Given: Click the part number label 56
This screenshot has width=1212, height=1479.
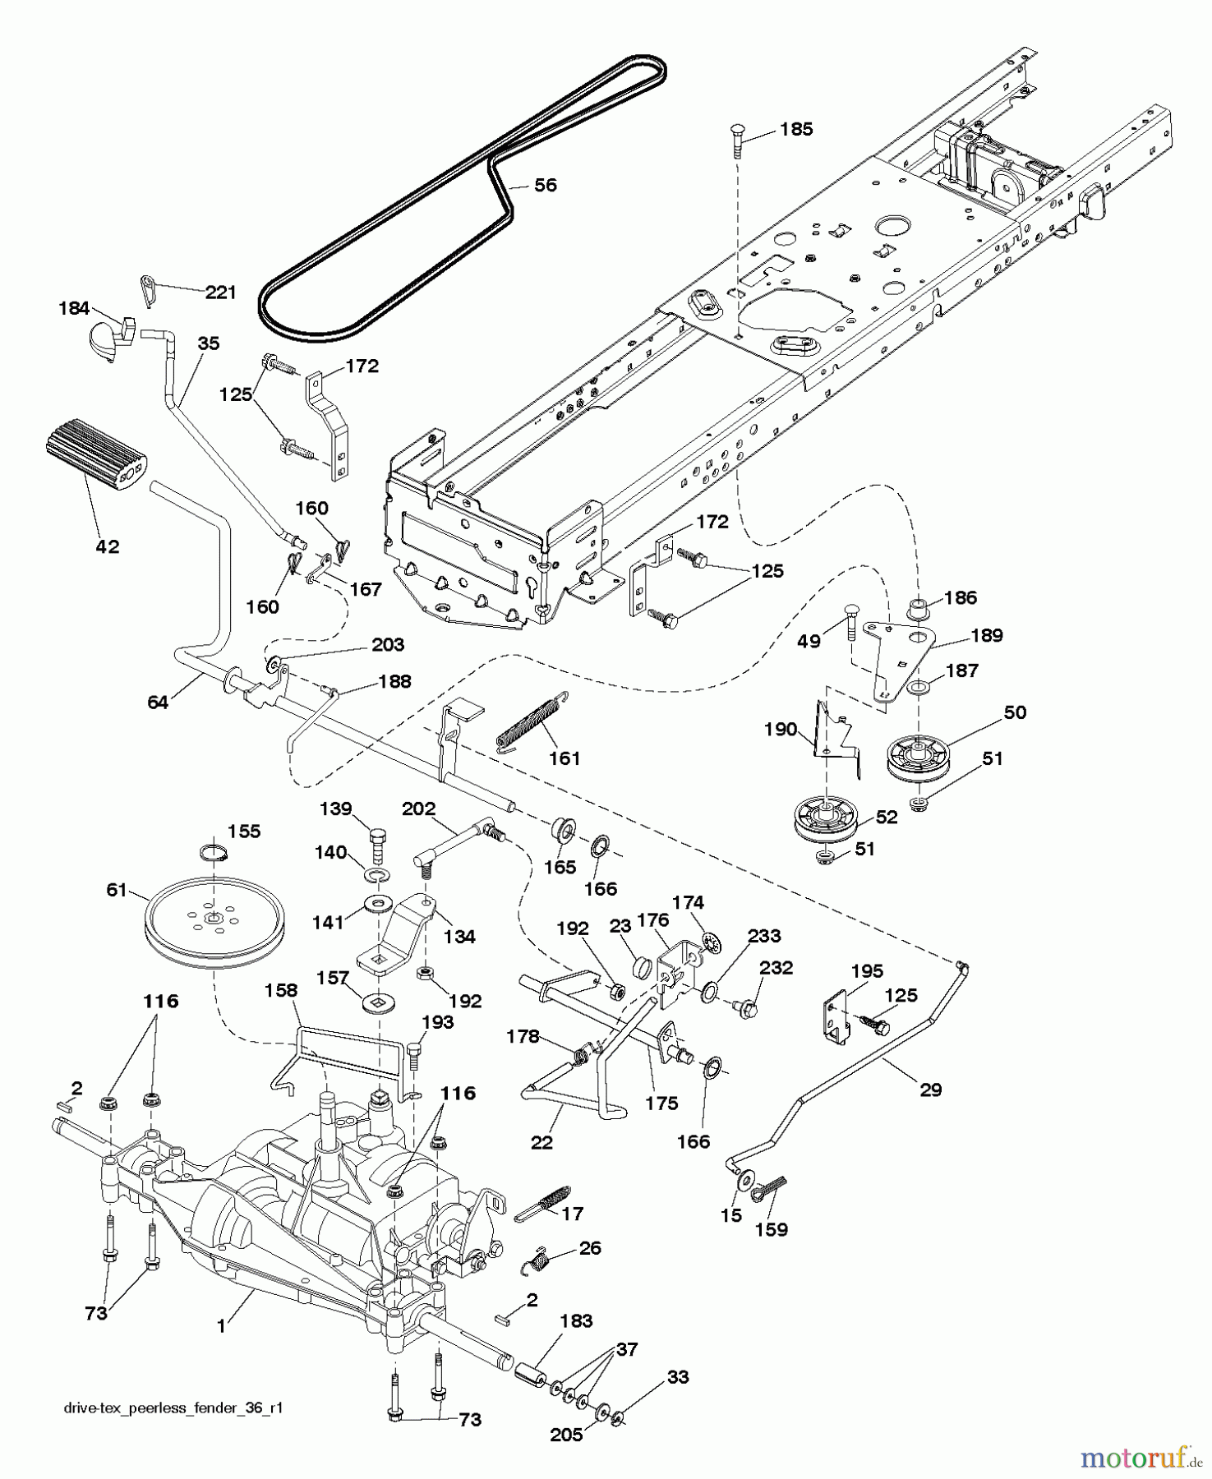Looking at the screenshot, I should (x=545, y=185).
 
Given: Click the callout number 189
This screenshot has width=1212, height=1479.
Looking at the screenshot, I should (x=986, y=635).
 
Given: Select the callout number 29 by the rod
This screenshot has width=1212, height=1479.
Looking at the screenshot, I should (x=930, y=1090).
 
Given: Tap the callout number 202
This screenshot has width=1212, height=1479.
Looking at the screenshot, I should (x=419, y=809).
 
